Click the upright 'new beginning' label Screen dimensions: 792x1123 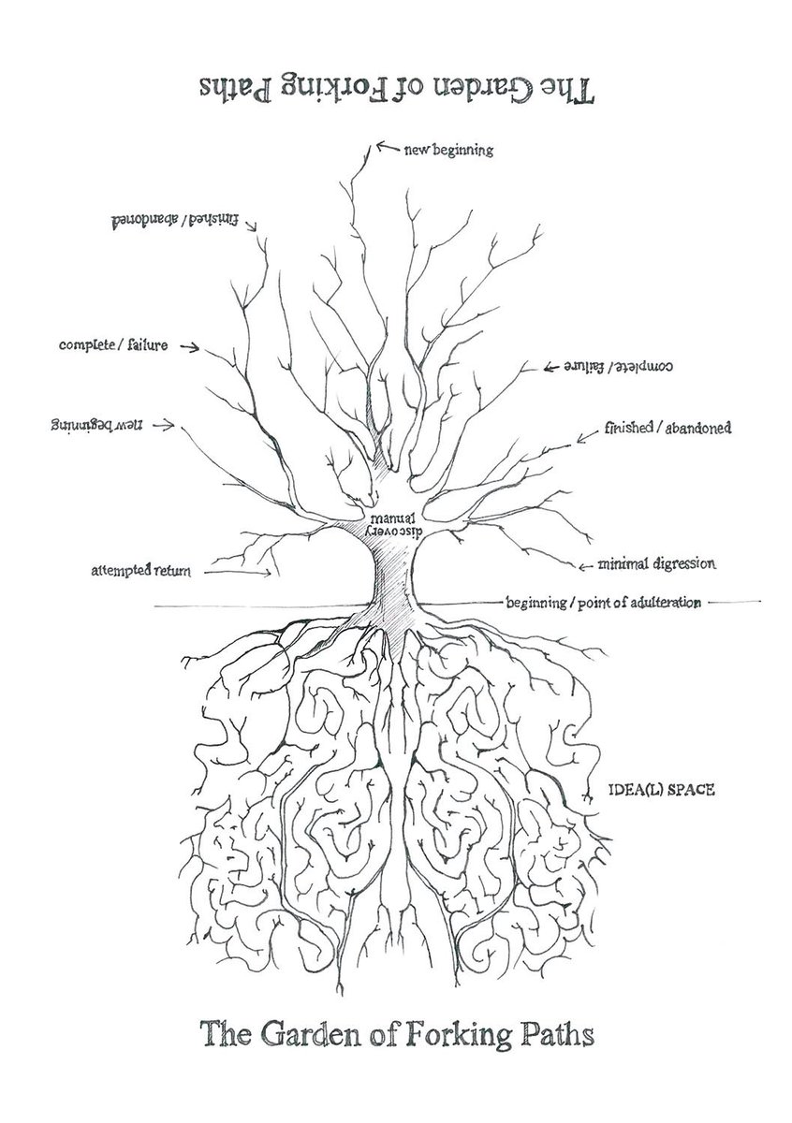coord(448,150)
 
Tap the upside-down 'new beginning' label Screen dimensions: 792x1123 coord(96,425)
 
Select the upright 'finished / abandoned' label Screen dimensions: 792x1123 coord(667,428)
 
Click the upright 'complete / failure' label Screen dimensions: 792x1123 coord(113,345)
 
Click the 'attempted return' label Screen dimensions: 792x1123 coord(141,571)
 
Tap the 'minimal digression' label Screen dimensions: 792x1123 coord(656,563)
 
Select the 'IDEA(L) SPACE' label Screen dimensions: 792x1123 coord(662,790)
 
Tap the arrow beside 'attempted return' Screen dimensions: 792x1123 coord(239,572)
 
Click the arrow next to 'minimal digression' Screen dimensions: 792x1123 coord(585,567)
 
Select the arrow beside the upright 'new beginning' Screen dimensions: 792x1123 coord(388,147)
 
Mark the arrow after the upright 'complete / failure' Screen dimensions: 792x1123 coord(190,347)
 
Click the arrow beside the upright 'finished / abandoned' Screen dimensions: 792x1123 coord(587,436)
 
